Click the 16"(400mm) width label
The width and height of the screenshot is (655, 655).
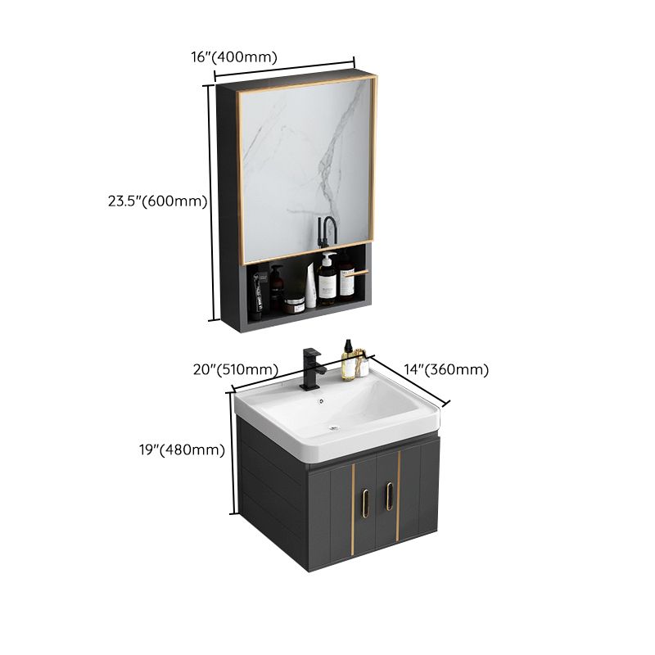233,56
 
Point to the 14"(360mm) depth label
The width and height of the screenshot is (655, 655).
446,370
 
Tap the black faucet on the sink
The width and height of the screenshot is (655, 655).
312,367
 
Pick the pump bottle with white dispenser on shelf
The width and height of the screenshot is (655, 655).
327,281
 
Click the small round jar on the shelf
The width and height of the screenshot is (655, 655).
295,305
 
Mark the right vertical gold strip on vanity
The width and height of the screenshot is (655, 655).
398,495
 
